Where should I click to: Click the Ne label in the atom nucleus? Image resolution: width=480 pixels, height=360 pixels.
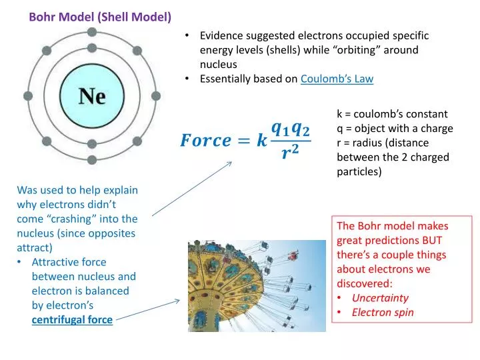[92, 97]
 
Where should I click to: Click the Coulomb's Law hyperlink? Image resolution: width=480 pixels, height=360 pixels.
[337, 79]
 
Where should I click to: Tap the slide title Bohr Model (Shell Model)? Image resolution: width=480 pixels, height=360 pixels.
[100, 17]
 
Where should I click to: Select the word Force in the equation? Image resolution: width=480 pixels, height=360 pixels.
[205, 141]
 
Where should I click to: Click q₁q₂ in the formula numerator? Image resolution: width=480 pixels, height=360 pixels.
[290, 127]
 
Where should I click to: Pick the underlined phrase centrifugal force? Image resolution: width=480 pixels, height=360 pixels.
[72, 319]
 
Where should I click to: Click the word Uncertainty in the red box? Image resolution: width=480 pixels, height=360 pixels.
[380, 298]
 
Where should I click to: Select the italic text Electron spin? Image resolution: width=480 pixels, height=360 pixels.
[383, 312]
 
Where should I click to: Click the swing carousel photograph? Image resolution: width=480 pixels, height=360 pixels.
[257, 286]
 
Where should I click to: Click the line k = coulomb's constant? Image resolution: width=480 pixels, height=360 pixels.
[392, 114]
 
